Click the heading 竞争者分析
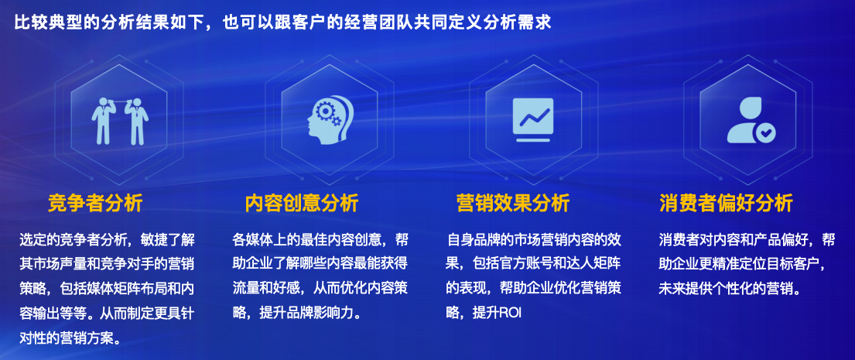(94, 204)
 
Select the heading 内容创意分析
(302, 204)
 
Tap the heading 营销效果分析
(512, 204)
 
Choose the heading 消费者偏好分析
(726, 204)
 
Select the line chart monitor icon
(535, 118)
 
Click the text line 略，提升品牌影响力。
(297, 313)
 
